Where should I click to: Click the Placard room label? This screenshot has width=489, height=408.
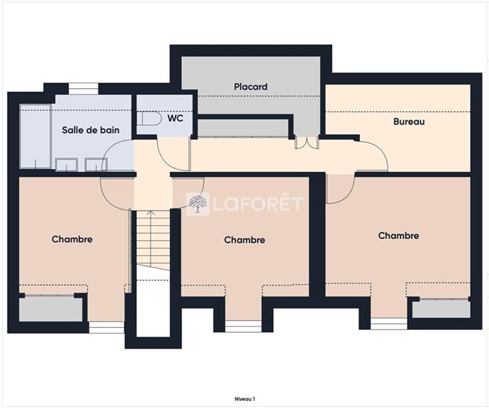point(251,87)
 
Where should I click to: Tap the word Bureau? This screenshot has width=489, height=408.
point(408,122)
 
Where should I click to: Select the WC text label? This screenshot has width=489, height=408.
point(176,117)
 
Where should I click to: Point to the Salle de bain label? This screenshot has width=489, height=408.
point(90,130)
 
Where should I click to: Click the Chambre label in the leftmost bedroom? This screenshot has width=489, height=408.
point(72,239)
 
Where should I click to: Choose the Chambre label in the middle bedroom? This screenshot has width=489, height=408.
point(244,240)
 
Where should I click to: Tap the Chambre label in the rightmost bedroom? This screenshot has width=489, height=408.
point(399,236)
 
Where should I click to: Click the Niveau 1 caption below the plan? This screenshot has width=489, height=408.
point(244,398)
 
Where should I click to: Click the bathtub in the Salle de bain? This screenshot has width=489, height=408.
point(35,136)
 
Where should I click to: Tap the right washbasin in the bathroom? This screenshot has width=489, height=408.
point(95,163)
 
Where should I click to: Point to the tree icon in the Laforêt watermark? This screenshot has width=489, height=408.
point(197,204)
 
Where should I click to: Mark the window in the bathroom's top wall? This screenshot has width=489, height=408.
point(83,89)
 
